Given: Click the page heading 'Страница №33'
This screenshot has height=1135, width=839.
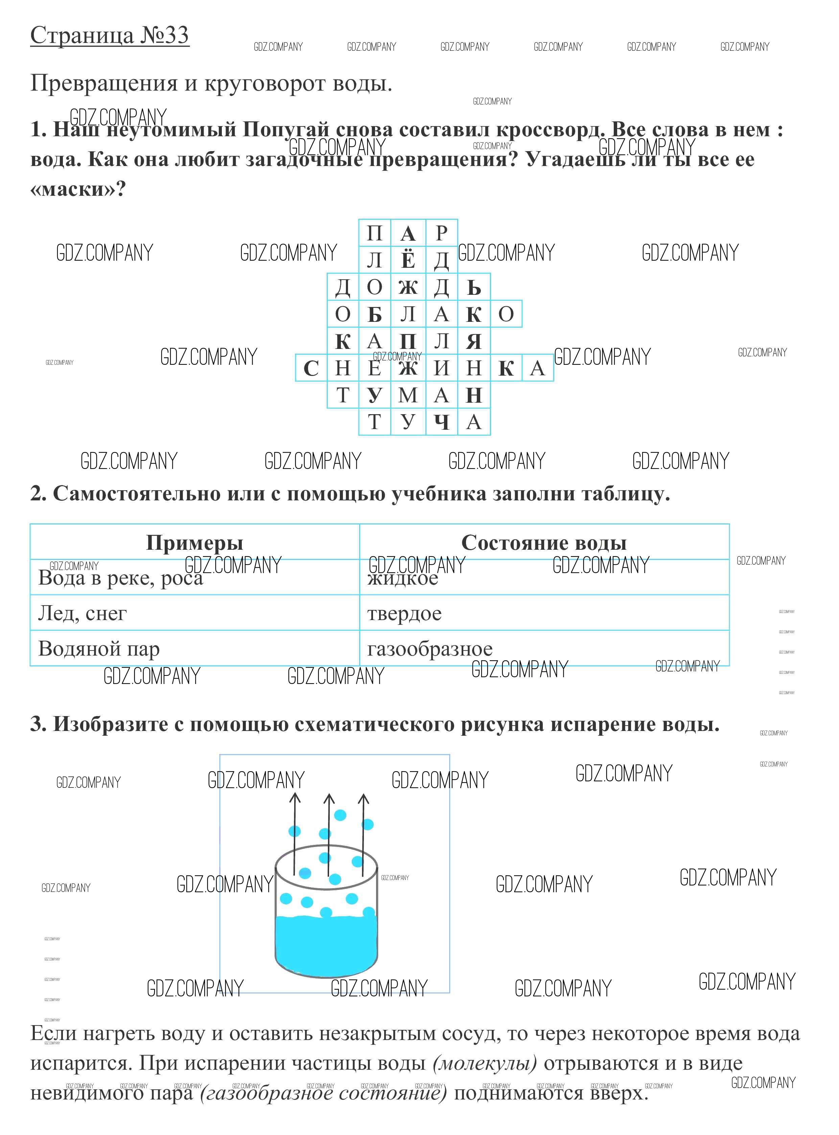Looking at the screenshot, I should (x=109, y=36).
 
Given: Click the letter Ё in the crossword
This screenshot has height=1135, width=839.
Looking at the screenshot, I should (x=408, y=260).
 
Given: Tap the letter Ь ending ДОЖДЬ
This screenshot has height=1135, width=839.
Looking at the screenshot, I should (x=473, y=287).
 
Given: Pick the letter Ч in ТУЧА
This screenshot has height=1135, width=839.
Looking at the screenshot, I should (x=441, y=422).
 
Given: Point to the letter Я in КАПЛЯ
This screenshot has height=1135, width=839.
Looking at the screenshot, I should (x=473, y=341).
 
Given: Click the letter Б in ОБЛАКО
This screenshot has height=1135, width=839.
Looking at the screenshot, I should (x=374, y=315).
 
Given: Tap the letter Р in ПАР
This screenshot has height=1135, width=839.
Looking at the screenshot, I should (x=441, y=233).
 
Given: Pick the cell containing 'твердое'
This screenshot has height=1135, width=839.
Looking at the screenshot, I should (x=404, y=613).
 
